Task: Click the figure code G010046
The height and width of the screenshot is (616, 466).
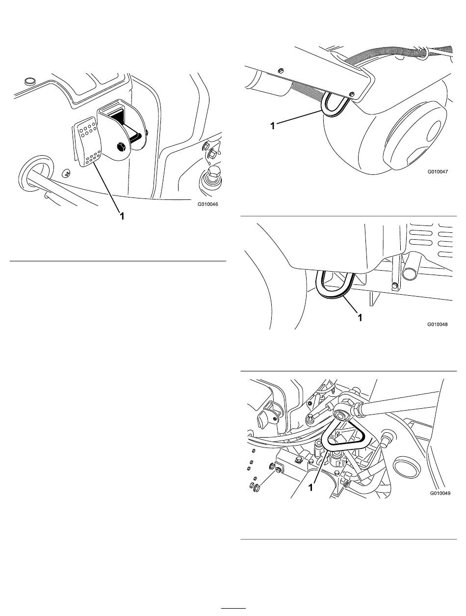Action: click(206, 205)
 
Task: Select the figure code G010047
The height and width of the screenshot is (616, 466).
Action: click(438, 172)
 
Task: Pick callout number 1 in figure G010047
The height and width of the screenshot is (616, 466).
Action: click(272, 125)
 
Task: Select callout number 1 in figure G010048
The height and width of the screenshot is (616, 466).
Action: click(360, 318)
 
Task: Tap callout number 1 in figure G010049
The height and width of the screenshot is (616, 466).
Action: click(311, 488)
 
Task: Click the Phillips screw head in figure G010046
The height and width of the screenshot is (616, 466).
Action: click(66, 173)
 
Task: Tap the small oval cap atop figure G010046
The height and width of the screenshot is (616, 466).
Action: click(30, 80)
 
